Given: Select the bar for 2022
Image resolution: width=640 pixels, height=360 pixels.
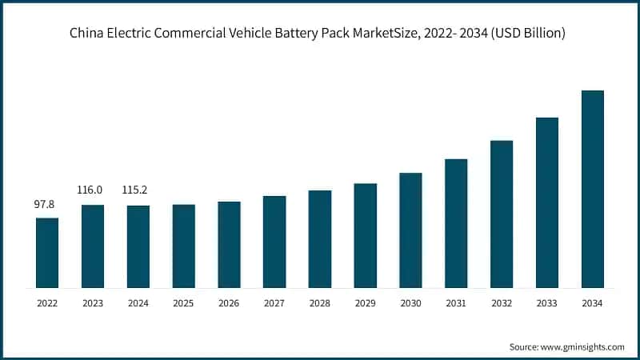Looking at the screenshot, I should point(47,253).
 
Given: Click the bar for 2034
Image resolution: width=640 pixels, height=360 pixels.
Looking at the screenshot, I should point(592,189).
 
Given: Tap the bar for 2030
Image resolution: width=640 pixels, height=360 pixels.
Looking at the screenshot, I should point(410,230).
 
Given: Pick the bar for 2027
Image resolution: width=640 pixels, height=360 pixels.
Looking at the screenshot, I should point(274,242).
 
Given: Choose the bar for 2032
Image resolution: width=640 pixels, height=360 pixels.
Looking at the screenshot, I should point(502,214).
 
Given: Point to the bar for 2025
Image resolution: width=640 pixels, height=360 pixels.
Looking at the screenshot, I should point(183,246).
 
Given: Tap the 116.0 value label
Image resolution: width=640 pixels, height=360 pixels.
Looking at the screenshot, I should point(93,190).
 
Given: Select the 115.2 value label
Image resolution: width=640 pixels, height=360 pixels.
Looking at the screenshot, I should point(138,190).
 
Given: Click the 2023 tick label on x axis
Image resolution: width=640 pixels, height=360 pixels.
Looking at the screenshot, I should point(93,303).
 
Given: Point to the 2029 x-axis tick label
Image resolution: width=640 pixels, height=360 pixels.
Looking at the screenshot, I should point(365,303).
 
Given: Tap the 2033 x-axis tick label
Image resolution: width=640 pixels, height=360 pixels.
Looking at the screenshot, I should point(546,303).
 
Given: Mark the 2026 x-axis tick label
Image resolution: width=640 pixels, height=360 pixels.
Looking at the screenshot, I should point(229,303).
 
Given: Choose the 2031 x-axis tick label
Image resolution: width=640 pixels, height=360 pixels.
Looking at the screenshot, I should point(456,303).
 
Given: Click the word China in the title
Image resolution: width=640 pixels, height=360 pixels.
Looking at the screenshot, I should point(86,34).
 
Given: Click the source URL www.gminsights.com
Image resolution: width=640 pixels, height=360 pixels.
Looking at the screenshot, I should point(582,346).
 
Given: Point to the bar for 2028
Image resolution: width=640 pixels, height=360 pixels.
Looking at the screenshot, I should point(320,239).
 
